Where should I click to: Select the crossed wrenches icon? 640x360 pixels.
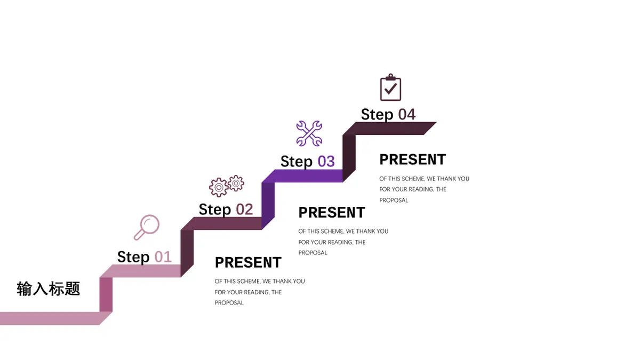(x=309, y=133)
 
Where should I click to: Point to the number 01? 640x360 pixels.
(x=163, y=257)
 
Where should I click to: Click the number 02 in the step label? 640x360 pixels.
(x=244, y=210)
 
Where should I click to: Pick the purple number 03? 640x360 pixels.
(x=326, y=162)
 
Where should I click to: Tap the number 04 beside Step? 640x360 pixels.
(x=406, y=115)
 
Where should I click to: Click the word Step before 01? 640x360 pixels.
(x=133, y=257)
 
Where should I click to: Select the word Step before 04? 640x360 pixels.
(x=377, y=115)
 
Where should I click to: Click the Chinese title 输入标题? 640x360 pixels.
(x=49, y=289)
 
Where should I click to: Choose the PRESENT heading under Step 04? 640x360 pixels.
(x=413, y=159)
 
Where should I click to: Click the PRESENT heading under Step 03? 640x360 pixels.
(x=332, y=213)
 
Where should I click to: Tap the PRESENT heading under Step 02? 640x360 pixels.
(x=248, y=262)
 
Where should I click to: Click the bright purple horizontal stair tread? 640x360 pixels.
(x=302, y=176)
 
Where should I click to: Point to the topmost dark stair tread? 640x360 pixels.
(x=389, y=129)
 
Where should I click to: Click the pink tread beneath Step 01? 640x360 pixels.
(x=140, y=271)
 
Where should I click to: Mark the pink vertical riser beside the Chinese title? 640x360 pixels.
(x=106, y=294)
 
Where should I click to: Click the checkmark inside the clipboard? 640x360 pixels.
(x=390, y=89)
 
